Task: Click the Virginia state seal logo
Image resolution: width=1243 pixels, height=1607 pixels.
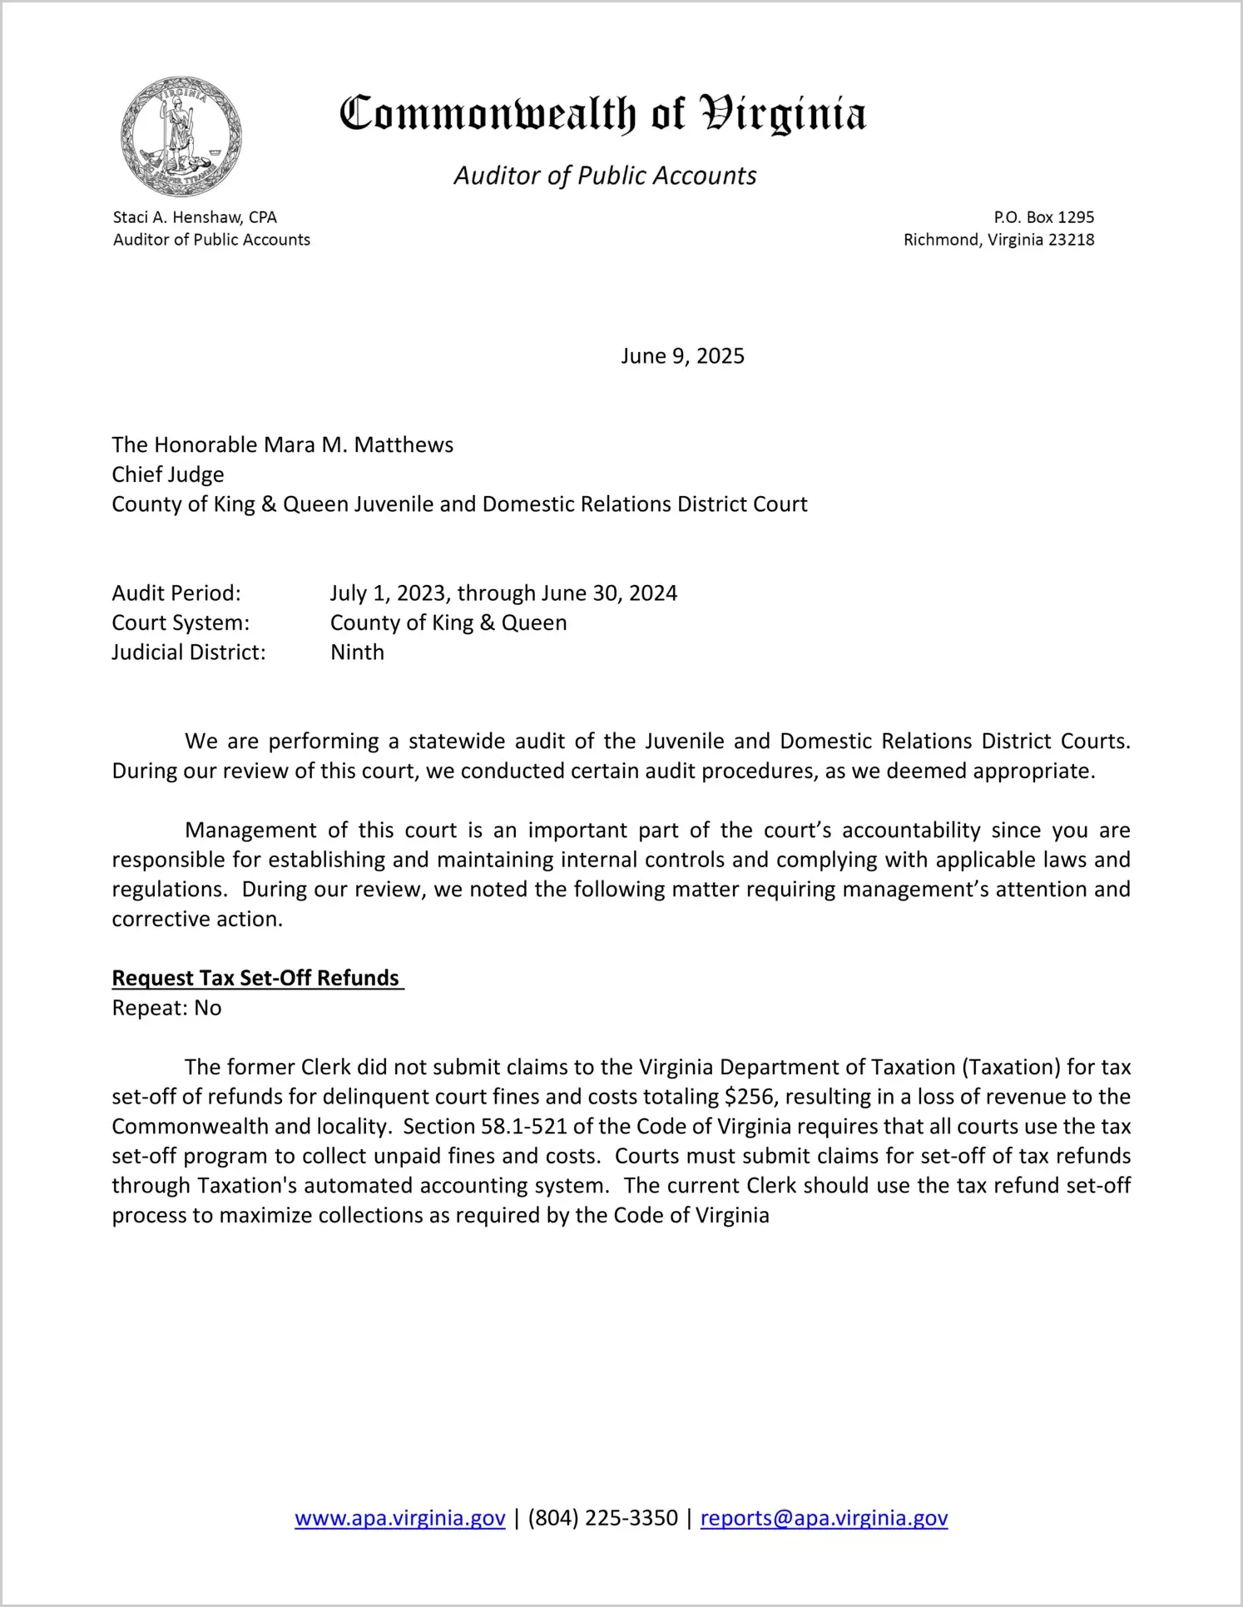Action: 181,136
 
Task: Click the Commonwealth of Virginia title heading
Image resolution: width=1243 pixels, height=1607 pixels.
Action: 602,114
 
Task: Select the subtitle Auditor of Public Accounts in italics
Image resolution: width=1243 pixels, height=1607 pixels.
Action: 605,176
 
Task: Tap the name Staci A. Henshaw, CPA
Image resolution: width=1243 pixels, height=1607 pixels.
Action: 195,217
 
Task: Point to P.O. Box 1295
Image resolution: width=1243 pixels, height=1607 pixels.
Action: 1043,217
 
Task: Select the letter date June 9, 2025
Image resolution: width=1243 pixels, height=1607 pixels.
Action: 682,356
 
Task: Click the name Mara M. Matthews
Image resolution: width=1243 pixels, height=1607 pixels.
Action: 358,445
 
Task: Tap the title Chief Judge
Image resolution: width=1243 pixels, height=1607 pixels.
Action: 168,474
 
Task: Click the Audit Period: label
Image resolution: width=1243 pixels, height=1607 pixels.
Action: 176,593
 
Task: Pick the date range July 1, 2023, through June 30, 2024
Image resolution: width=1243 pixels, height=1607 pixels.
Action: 503,593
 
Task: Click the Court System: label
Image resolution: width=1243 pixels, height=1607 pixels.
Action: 181,622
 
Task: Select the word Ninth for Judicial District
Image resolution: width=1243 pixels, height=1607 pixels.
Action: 357,652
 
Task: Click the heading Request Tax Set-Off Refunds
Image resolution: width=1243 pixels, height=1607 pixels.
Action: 256,978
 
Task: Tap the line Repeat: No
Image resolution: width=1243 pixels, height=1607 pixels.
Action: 166,1008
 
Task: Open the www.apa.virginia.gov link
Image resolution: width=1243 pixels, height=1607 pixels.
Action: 400,1518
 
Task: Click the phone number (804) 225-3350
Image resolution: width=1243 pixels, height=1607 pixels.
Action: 602,1518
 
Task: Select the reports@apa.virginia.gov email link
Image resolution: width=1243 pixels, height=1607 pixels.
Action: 824,1518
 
